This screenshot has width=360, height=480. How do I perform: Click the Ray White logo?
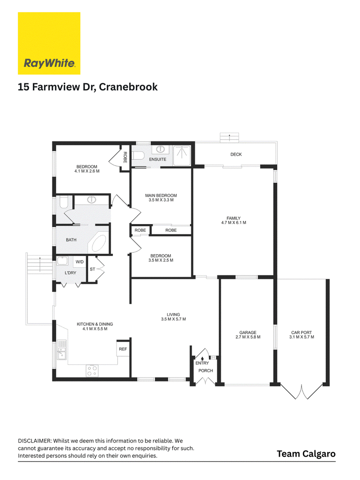49,43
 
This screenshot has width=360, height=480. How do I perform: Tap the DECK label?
236,154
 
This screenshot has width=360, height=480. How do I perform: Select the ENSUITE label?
157,159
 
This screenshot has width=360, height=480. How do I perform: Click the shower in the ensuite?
182,155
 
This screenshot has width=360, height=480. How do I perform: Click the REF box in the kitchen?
123,349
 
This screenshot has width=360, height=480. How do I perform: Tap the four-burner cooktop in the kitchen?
92,370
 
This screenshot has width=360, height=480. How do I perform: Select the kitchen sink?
62,350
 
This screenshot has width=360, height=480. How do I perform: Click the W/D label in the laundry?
80,262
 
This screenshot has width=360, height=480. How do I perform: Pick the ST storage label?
92,269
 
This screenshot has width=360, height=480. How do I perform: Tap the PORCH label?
206,370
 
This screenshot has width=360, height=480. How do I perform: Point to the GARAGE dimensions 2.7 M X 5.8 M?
248,337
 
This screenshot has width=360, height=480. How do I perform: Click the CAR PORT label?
301,332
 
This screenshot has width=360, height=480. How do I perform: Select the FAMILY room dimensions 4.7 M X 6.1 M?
234,223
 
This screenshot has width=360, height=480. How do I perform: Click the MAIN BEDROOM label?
161,195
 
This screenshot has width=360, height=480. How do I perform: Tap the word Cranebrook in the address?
128,87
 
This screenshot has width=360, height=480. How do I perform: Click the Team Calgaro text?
306,453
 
